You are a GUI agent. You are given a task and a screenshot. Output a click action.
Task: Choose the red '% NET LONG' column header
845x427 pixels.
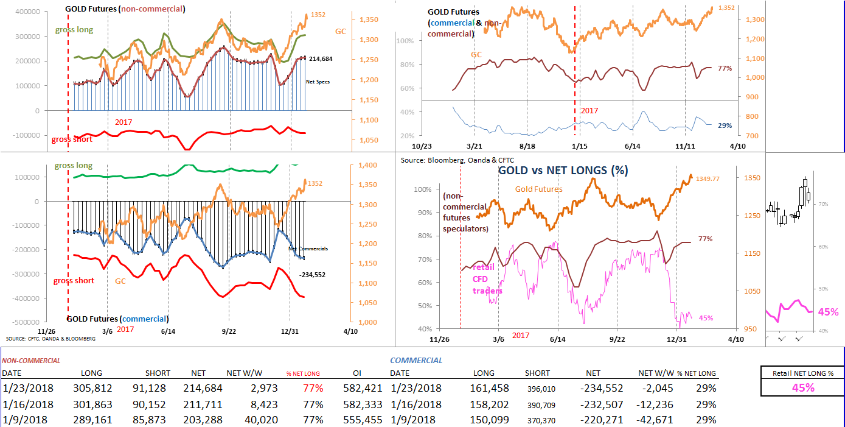(303, 373)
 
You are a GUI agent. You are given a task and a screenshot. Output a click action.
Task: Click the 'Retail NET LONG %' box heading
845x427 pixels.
(802, 373)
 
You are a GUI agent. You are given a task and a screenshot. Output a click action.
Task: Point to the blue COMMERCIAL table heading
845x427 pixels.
(416, 360)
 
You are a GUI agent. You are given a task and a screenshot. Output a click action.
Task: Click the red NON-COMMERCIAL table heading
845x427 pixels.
(31, 360)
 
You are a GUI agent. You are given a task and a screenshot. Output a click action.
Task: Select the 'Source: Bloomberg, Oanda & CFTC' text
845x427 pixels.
(450, 160)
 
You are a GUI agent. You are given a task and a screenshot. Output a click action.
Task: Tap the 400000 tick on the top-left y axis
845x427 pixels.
(27, 12)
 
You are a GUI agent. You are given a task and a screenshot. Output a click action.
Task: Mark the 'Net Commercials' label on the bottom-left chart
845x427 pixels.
(308, 249)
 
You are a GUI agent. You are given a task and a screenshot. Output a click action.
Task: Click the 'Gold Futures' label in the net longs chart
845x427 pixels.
(538, 189)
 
